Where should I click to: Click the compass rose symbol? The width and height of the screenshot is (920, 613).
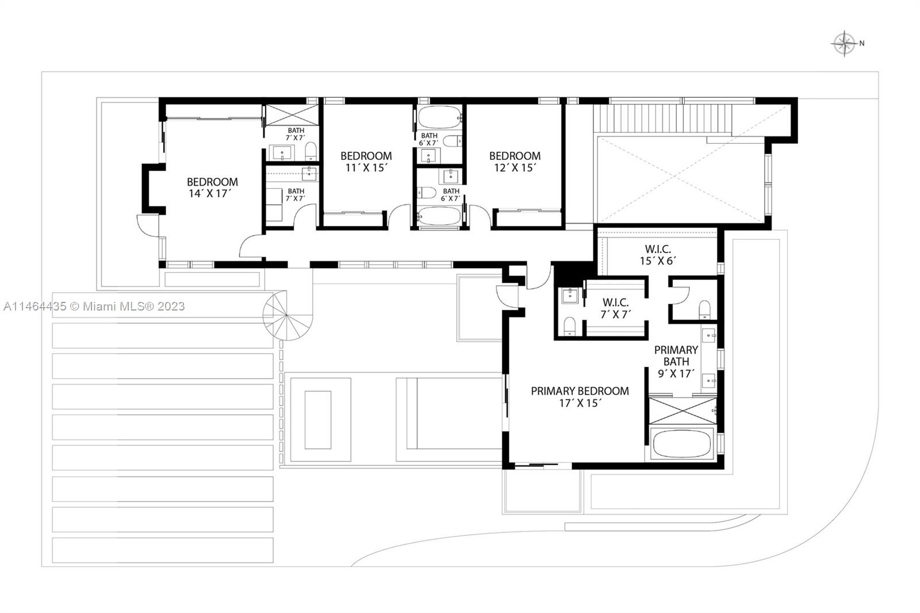point(844,44)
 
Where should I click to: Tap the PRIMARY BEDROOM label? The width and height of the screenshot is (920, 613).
point(580,391)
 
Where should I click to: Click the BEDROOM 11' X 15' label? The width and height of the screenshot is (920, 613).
point(366,162)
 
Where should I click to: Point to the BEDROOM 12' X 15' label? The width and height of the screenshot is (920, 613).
point(515,162)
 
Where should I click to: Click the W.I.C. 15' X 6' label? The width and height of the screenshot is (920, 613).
point(657,254)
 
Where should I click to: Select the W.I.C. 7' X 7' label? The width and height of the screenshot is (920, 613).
point(615,308)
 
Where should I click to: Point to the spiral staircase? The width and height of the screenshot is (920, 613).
point(286,315)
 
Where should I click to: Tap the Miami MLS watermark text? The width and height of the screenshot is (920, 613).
point(94,306)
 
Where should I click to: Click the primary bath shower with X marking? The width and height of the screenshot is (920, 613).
point(683,411)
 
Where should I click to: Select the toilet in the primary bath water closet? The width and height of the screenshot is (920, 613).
point(704,310)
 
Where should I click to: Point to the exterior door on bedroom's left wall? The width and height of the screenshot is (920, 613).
point(147,225)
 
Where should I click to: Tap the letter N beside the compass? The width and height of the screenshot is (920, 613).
point(862,43)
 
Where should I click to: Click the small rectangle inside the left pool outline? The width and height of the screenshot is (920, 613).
point(317,419)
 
